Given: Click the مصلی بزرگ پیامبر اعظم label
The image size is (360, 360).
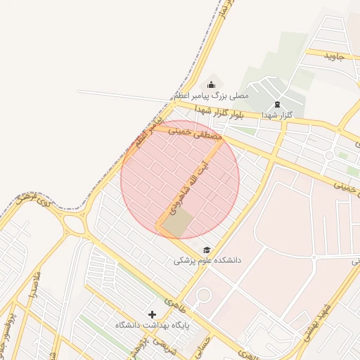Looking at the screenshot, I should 212,94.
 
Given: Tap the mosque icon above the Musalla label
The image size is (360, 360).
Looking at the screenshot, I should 212,84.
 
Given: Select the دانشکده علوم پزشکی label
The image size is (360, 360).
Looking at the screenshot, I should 207,260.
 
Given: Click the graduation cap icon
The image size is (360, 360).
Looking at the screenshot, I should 207,250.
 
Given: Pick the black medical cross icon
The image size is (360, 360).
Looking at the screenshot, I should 152,314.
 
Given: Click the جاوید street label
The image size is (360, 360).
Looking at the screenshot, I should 333,56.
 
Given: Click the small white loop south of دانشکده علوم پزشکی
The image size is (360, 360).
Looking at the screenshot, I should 204,296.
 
